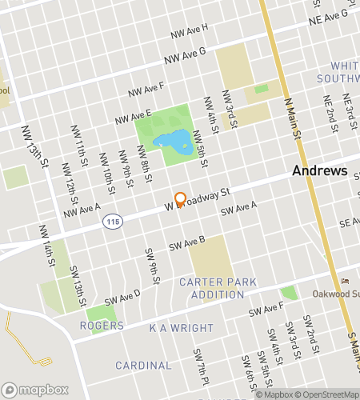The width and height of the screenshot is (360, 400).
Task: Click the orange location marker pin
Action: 180,199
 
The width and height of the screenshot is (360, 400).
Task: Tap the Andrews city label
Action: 319,170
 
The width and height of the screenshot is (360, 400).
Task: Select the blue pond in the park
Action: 172,142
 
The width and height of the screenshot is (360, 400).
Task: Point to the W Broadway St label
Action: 198,199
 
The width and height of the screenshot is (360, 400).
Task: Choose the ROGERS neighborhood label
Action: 102,326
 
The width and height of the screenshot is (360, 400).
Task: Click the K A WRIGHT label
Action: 181,328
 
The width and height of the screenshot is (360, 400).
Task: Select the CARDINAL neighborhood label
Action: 143,365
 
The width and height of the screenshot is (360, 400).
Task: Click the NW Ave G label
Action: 185,55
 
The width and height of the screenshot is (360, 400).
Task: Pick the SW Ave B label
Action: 186,242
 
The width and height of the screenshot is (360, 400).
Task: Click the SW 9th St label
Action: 151,265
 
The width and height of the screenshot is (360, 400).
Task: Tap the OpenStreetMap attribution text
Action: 326,394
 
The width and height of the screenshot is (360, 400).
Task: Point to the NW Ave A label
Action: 82,210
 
